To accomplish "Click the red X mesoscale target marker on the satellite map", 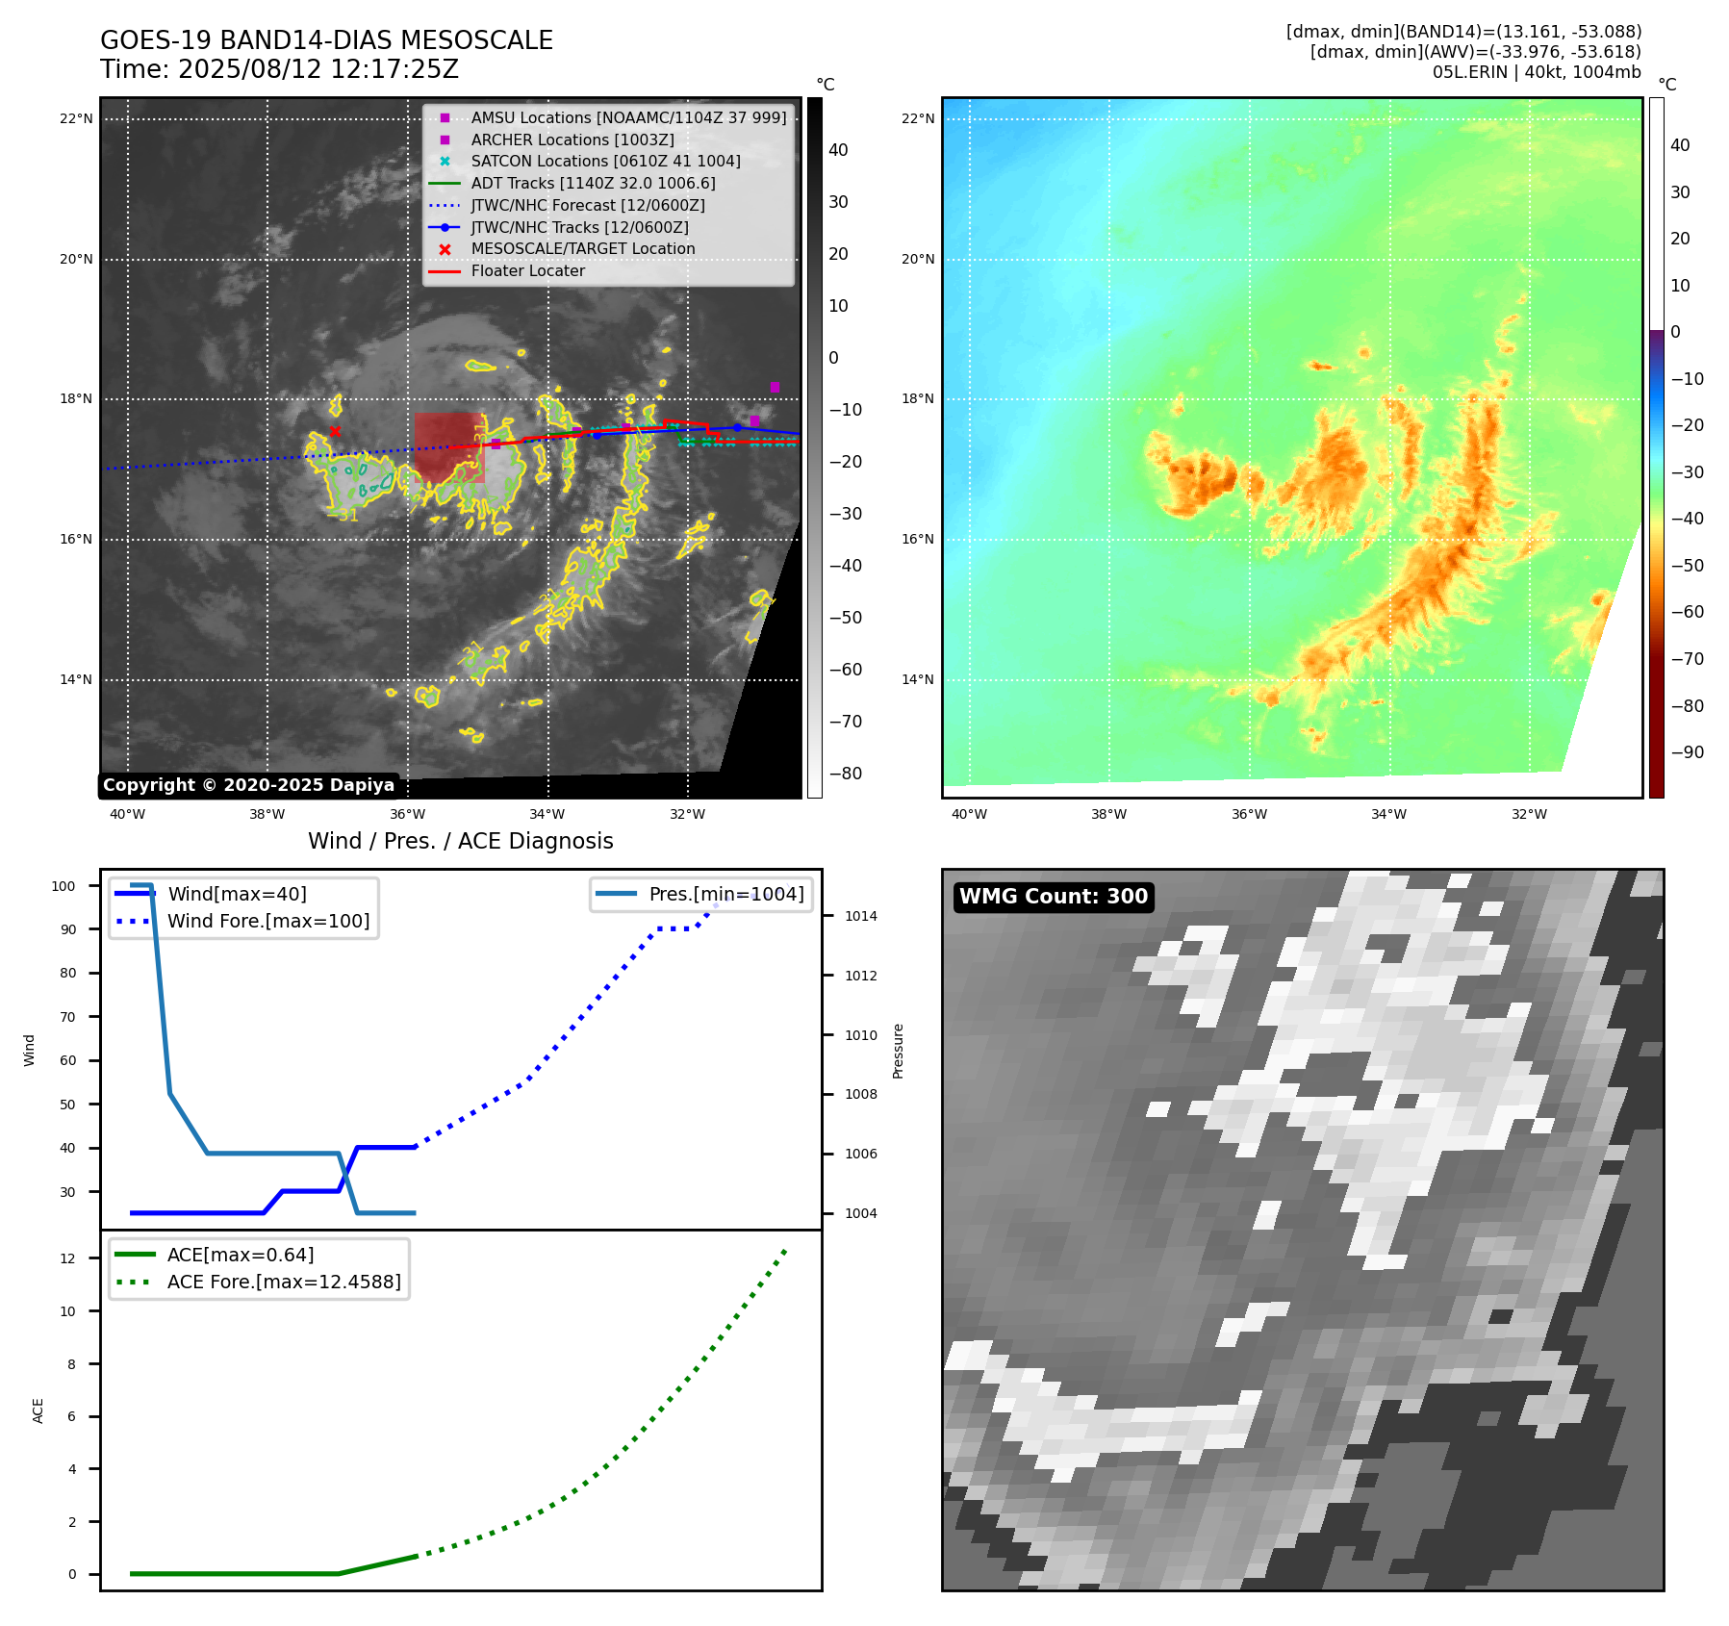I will coord(335,431).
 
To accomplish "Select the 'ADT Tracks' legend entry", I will coord(593,183).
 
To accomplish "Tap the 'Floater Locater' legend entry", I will coord(527,271).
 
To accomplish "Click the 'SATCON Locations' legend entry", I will coord(605,162).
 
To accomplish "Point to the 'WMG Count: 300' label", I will coord(1054,897).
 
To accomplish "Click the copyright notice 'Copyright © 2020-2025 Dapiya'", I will coord(248,785).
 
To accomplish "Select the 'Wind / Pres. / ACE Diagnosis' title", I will coord(460,841).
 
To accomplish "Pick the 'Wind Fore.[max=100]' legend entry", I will coord(268,921).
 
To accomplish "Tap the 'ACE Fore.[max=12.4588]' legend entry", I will coord(284,1282).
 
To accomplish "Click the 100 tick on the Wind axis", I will coord(64,886).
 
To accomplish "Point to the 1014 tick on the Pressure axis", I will coord(861,916).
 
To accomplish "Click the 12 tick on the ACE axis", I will coord(67,1258).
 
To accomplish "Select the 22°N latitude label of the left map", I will coord(76,119).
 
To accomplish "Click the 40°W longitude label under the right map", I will coord(969,814).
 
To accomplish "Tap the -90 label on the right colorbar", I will coord(1687,752).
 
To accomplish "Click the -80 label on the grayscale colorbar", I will coord(846,774).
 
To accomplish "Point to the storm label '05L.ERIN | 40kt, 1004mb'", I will coord(1537,72).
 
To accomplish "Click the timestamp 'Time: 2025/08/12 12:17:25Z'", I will coord(279,69).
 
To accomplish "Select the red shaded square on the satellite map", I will coord(449,447).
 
